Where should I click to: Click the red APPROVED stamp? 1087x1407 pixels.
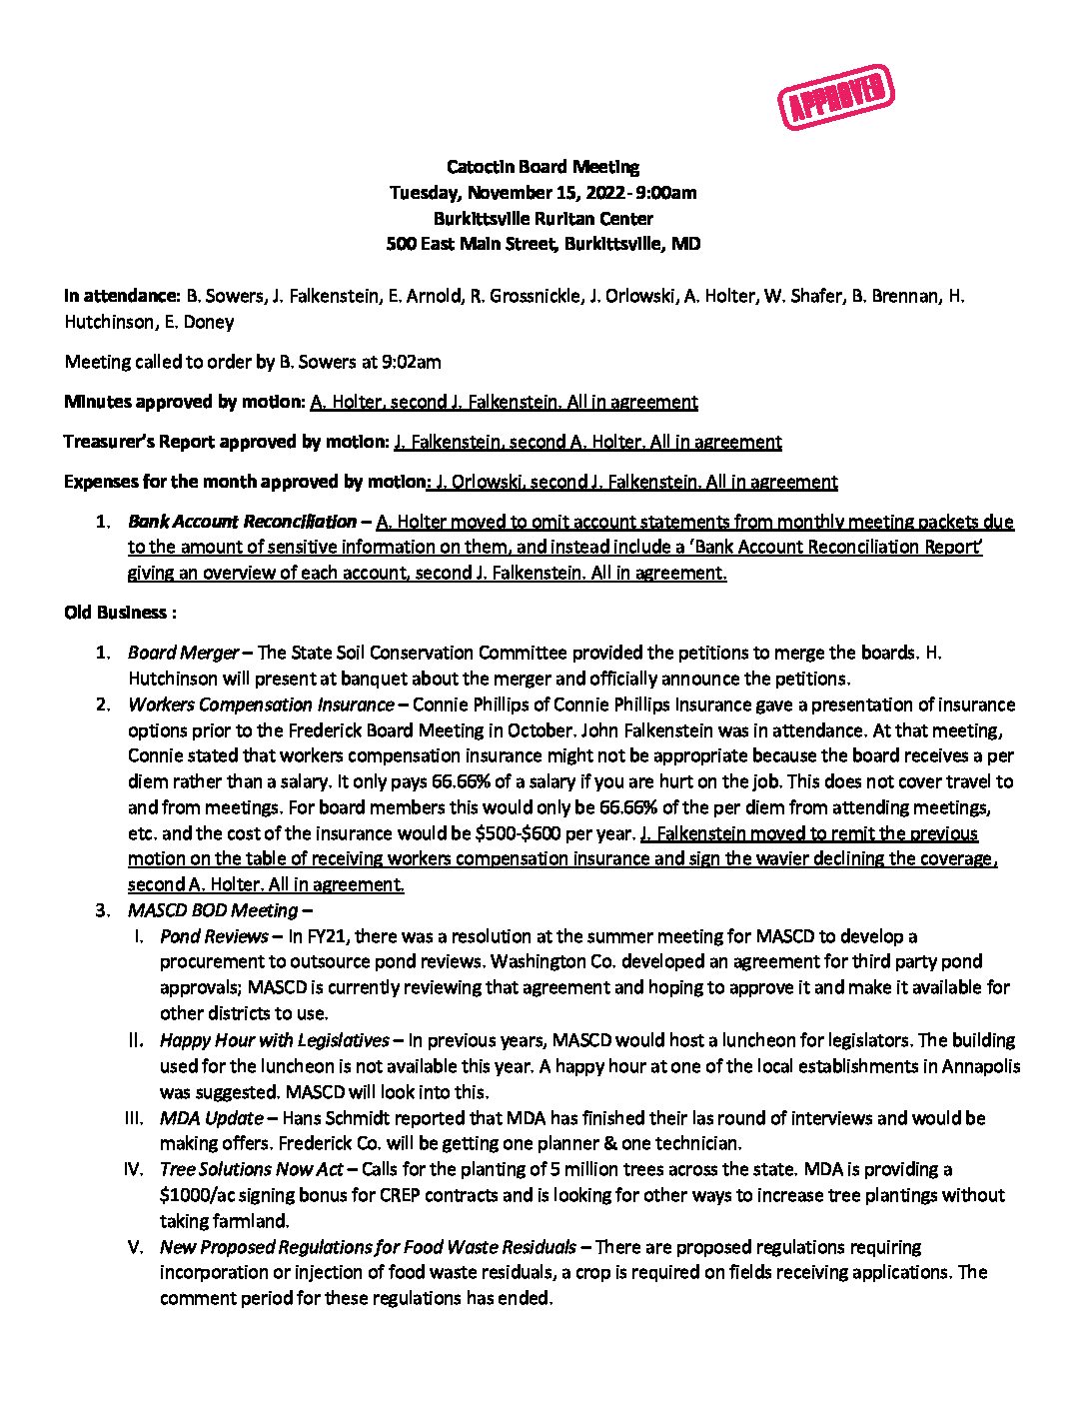pos(835,97)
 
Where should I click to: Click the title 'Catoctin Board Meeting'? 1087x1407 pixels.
pos(543,167)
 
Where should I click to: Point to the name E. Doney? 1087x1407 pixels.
pos(208,322)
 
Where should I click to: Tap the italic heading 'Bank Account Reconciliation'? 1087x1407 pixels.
pos(242,522)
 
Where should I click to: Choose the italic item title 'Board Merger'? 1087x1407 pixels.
pos(183,653)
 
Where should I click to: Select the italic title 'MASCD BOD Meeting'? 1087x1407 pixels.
pos(213,910)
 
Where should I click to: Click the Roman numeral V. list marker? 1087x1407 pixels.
pos(135,1247)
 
